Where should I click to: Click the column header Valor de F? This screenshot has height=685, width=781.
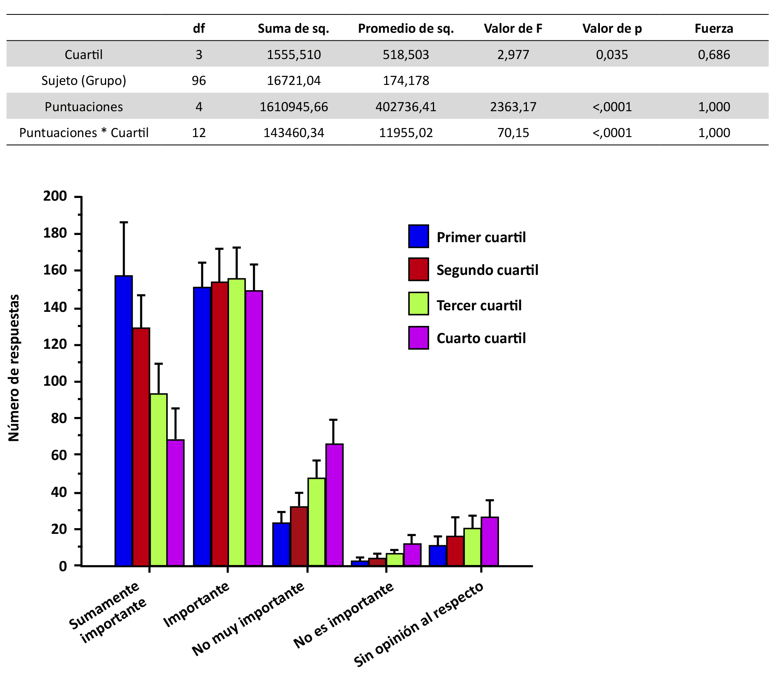[x=512, y=29]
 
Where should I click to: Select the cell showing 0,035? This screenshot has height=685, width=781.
[x=611, y=55]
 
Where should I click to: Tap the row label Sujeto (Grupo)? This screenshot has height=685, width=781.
[x=84, y=81]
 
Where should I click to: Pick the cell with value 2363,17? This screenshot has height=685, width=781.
[x=513, y=107]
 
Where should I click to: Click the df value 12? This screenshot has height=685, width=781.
[x=199, y=133]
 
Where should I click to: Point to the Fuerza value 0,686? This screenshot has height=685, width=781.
[x=713, y=55]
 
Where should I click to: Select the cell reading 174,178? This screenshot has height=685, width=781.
[x=406, y=81]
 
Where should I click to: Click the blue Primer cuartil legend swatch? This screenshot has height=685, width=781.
[x=418, y=236]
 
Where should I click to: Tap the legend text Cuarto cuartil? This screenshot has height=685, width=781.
[x=481, y=338]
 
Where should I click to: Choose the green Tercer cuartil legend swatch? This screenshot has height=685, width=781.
[x=418, y=303]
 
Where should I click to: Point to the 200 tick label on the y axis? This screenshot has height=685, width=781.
[x=55, y=196]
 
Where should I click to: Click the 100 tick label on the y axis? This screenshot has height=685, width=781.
[x=55, y=381]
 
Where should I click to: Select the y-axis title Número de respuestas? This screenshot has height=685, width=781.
[x=14, y=368]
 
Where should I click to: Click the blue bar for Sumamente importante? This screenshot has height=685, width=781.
[x=124, y=420]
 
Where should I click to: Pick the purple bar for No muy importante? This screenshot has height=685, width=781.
[x=334, y=505]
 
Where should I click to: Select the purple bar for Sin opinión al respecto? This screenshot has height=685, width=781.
[x=490, y=541]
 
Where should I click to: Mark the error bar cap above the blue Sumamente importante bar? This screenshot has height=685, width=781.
[x=124, y=222]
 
